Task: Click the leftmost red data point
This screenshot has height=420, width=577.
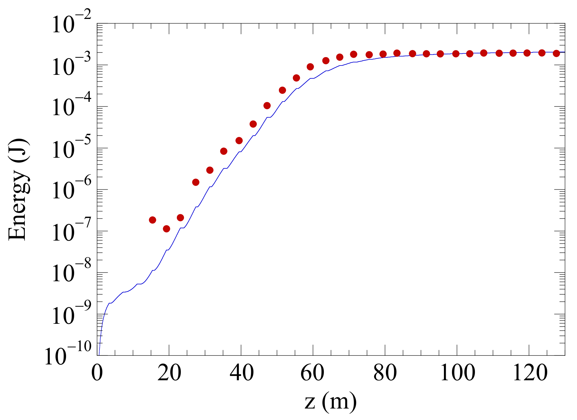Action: pos(152,220)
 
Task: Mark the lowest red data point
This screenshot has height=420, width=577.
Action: pos(167,229)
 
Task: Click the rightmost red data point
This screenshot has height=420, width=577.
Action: pos(556,53)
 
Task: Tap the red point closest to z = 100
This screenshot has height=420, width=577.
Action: pos(456,54)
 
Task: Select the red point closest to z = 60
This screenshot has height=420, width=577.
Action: pos(310,67)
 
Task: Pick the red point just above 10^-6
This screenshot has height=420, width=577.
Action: pos(195,182)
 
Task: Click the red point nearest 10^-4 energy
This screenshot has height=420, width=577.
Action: pos(267,106)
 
